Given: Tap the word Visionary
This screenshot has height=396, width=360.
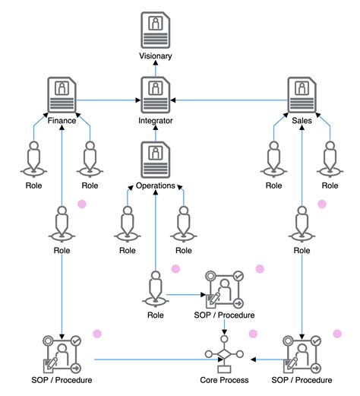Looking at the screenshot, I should (156, 56).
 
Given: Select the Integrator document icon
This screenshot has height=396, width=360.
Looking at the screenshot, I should (156, 95).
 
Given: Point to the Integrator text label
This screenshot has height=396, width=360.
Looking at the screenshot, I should (156, 121).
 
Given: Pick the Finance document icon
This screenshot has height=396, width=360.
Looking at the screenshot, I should (62, 95).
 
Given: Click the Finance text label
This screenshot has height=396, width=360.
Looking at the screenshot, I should (62, 120).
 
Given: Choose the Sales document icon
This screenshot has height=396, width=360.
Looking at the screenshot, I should (302, 95).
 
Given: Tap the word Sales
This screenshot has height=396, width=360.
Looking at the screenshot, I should (302, 120).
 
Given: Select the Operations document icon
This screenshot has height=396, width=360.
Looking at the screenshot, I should (156, 159).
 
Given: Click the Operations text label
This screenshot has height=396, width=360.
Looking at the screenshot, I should (156, 185).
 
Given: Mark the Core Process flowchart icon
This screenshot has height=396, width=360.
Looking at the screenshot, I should (225, 356).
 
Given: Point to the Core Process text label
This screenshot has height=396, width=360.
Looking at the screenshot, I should (225, 379).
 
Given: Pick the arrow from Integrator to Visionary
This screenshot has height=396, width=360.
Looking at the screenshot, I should (156, 68).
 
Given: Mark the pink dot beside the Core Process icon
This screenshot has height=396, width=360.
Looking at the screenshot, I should (253, 334).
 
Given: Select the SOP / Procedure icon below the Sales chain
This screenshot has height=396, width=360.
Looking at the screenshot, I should (302, 352).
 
